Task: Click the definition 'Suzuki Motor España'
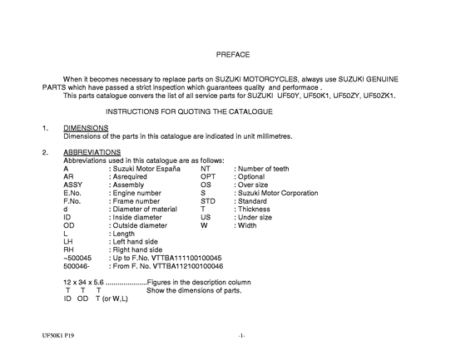146,169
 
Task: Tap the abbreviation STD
209,200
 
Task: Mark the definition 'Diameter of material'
144,209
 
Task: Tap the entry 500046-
77,265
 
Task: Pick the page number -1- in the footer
240,335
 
